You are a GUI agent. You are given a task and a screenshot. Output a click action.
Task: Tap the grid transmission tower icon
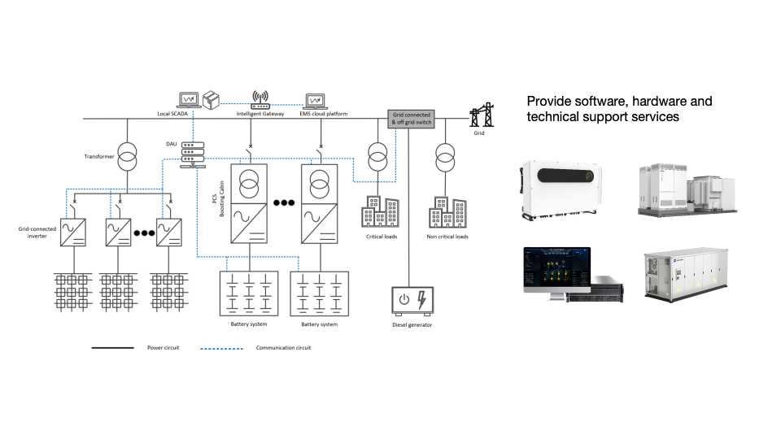483,116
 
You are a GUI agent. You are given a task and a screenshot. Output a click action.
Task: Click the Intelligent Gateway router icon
260,100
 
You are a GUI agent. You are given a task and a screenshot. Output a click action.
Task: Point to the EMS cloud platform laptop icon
316,101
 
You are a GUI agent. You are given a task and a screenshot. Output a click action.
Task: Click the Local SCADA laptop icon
190,100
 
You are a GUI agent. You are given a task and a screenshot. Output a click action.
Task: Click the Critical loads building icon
380,213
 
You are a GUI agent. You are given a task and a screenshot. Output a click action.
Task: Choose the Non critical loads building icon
447,213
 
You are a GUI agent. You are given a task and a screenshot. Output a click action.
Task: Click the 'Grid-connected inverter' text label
37,232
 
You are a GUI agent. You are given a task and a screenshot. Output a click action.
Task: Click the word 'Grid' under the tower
479,133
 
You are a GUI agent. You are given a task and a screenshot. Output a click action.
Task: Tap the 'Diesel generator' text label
412,325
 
